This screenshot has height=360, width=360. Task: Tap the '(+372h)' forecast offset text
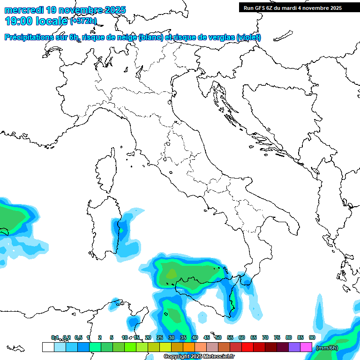click(x=83, y=21)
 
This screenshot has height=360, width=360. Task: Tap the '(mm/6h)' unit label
click(x=327, y=348)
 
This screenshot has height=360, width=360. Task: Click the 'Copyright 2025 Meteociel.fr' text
click(x=199, y=357)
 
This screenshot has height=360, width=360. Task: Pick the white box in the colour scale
click(x=48, y=347)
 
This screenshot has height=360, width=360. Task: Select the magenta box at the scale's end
click(x=306, y=347)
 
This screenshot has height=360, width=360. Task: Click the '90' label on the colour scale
click(x=312, y=337)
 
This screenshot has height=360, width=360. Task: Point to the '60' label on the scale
click(x=242, y=337)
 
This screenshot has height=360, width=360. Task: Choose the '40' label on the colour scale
click(x=195, y=337)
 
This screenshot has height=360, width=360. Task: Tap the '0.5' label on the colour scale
click(x=78, y=337)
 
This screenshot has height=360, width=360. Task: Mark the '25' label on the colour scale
click(x=160, y=337)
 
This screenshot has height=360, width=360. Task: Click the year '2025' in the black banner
click(x=334, y=8)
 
